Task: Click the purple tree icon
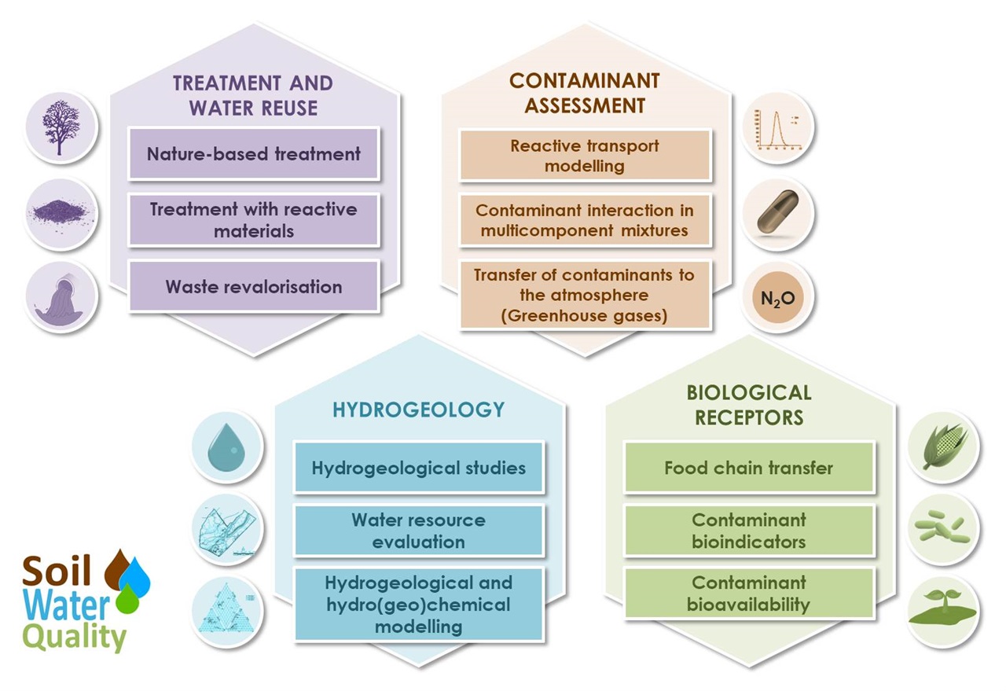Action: [61, 127]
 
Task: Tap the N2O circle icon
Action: [778, 297]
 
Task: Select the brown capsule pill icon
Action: [778, 211]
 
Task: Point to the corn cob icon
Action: [944, 447]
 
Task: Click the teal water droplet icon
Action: [226, 447]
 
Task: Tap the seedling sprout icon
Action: [942, 608]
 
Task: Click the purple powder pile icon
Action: [61, 212]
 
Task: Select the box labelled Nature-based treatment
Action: [254, 154]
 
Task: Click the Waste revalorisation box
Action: [254, 286]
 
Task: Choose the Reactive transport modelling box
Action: [585, 156]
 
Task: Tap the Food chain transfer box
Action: [749, 467]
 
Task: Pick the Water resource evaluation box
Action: [419, 531]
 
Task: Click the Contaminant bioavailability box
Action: [749, 593]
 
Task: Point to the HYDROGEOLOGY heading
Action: [419, 410]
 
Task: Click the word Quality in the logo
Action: [74, 638]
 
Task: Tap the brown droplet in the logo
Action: [117, 569]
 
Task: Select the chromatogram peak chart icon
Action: [778, 129]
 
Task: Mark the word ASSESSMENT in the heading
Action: [585, 106]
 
